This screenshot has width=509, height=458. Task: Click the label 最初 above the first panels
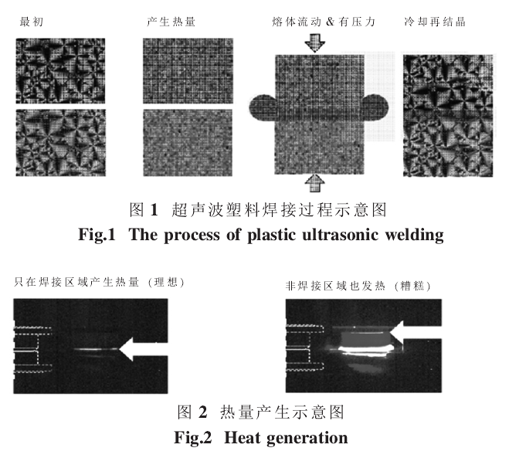32,22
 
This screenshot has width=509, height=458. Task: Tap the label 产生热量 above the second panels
171,22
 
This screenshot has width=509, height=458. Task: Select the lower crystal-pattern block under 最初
60,143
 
